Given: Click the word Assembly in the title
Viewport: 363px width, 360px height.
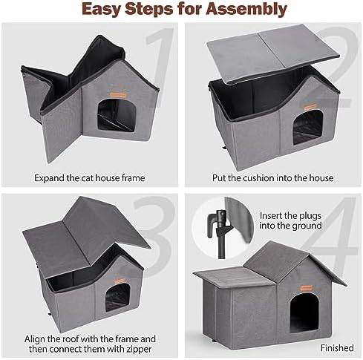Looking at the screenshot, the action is pos(246,10).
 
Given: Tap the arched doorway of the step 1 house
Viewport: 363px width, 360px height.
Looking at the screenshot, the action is pos(117,114).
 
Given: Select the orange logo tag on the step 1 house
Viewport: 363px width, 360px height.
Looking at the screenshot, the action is pos(118,95).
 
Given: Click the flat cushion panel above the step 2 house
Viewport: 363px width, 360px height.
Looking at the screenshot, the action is pos(272,53).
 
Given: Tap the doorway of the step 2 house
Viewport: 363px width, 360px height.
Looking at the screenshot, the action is pos(307,128).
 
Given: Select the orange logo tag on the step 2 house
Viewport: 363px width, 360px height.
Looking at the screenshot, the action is pos(311,107).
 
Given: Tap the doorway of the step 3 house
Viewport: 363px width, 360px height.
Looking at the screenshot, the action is pos(117,297).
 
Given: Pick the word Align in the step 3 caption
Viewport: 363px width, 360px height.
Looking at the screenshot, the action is pos(35,339).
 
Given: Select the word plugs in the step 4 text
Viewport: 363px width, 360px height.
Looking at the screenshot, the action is pos(310,216).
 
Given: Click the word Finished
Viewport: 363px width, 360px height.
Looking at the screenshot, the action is pos(337,348).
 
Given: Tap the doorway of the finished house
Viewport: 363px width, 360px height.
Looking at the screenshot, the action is pos(304,313).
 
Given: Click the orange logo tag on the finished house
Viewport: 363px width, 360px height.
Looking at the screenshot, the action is pos(307,288).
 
